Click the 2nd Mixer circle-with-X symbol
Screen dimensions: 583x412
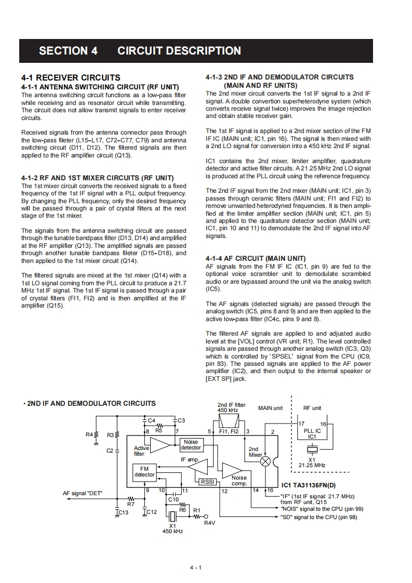click(265, 461)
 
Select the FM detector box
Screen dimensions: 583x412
click(144, 472)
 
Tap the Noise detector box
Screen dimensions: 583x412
click(191, 445)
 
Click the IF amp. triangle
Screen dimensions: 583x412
click(200, 468)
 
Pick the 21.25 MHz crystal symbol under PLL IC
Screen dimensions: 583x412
click(312, 449)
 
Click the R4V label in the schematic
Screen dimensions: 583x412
click(209, 523)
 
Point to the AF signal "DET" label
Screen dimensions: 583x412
click(83, 493)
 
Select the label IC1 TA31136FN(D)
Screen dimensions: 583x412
click(308, 486)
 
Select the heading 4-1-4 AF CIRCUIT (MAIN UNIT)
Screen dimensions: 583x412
click(256, 258)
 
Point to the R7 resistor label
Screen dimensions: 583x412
click(131, 504)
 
